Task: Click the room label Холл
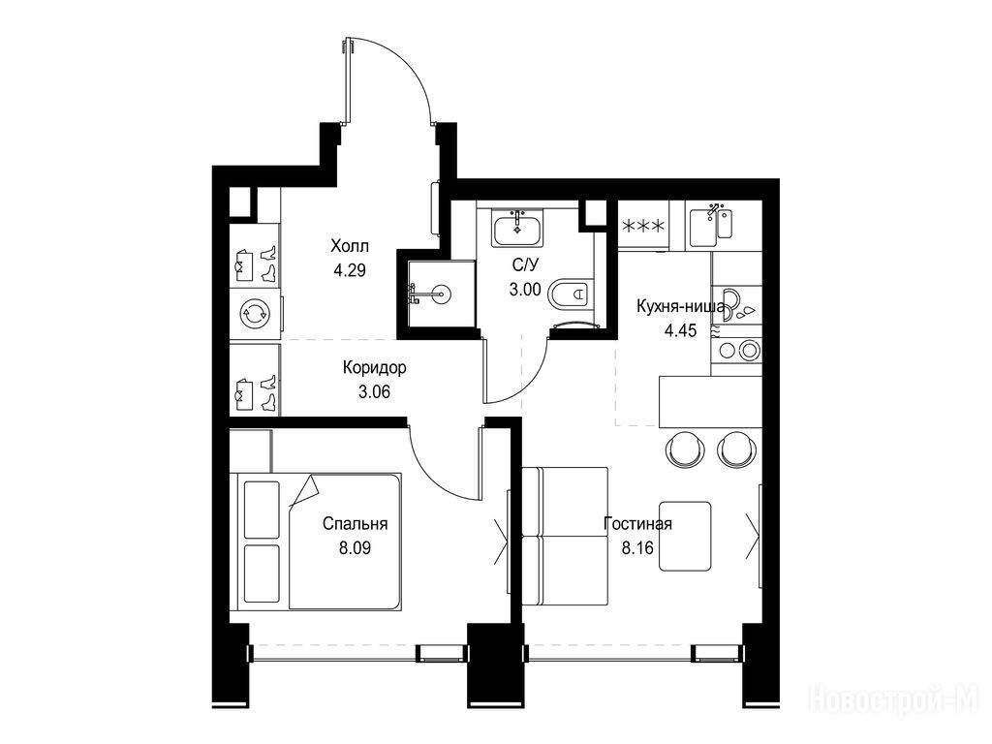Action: pyautogui.click(x=349, y=245)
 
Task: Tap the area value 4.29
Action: pyautogui.click(x=350, y=271)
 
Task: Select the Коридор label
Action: pyautogui.click(x=375, y=367)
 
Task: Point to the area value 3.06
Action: pyautogui.click(x=375, y=392)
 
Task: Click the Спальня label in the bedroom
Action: pyautogui.click(x=355, y=524)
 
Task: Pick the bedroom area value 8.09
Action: pyautogui.click(x=355, y=548)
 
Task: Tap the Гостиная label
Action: pyautogui.click(x=637, y=524)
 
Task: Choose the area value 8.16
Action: pyautogui.click(x=637, y=548)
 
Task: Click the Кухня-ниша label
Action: pyautogui.click(x=681, y=307)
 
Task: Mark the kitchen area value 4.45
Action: pyautogui.click(x=681, y=330)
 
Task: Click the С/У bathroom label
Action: pyautogui.click(x=525, y=264)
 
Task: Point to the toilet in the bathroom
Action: pyautogui.click(x=571, y=294)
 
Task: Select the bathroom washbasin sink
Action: pyautogui.click(x=517, y=229)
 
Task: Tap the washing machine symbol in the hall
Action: pyautogui.click(x=255, y=314)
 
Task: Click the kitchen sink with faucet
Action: pyautogui.click(x=710, y=225)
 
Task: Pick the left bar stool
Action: pyautogui.click(x=685, y=448)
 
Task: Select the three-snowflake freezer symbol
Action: pyautogui.click(x=643, y=226)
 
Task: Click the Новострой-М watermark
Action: pyautogui.click(x=894, y=701)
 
